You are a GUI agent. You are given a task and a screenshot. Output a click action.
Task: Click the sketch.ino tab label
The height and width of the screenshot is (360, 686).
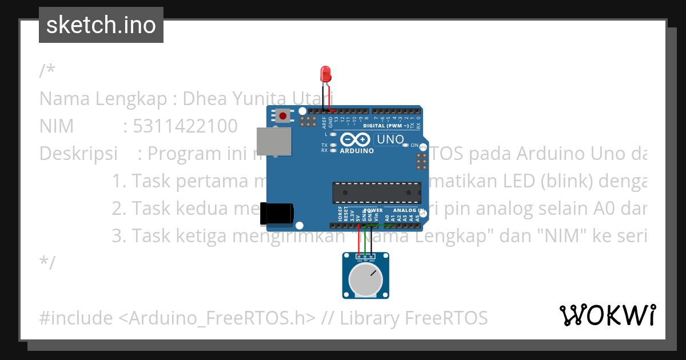click(x=101, y=25)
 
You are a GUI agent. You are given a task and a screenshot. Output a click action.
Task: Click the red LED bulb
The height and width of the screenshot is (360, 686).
click(x=326, y=74)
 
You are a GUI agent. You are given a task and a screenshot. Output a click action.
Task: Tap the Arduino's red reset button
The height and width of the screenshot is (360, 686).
click(x=282, y=116)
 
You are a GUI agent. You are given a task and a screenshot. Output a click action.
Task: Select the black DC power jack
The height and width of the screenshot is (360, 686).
click(x=277, y=213)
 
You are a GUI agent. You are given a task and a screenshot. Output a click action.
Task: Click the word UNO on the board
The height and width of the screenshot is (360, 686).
click(x=390, y=139)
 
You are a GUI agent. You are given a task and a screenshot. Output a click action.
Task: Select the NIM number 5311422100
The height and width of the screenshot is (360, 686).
click(x=185, y=126)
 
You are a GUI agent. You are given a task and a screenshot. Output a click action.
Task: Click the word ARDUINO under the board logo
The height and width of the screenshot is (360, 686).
click(x=356, y=151)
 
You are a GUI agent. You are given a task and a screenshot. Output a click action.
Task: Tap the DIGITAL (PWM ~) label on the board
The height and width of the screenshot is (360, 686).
click(x=386, y=125)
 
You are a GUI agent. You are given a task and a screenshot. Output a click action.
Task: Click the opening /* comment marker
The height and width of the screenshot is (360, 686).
click(x=47, y=71)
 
